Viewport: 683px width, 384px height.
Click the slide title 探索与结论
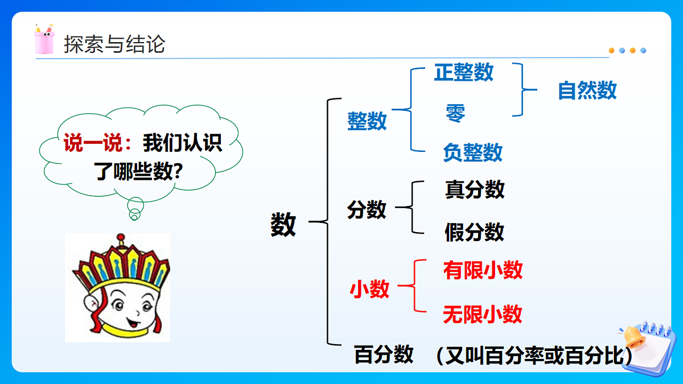(114, 44)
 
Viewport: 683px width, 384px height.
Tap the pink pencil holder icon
(44, 40)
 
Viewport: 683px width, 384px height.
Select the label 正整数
(463, 72)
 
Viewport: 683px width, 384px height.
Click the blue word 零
(455, 113)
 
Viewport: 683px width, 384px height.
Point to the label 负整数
(472, 152)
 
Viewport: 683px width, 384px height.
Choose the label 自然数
(587, 90)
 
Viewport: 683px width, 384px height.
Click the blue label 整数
(367, 121)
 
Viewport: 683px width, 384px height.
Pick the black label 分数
(367, 210)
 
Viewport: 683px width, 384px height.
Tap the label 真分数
(475, 189)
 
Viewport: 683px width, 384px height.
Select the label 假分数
(475, 232)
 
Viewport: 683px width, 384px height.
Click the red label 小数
(369, 290)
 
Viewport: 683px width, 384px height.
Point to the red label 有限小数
(483, 270)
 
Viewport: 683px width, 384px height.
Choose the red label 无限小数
(483, 314)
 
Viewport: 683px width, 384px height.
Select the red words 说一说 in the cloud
(93, 143)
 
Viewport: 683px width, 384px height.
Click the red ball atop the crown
(120, 237)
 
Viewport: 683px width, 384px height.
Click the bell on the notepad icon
(633, 336)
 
